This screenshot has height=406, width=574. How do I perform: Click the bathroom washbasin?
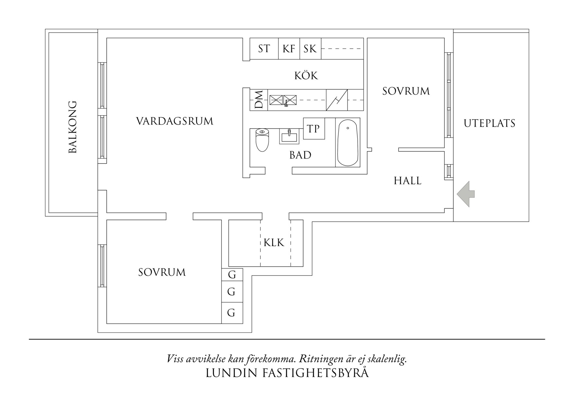[x=289, y=137]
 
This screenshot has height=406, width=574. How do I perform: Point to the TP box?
[x=314, y=129]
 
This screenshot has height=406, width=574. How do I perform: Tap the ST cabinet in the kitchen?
[x=264, y=49]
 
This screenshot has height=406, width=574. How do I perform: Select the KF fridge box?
[x=289, y=49]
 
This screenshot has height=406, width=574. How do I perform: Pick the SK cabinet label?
[x=310, y=49]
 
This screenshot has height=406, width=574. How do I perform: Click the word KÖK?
[x=306, y=76]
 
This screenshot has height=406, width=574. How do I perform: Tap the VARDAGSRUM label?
[x=175, y=121]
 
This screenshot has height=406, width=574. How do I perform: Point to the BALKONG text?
[x=73, y=127]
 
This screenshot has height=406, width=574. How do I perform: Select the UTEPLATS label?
[x=490, y=123]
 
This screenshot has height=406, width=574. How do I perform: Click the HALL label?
[x=407, y=181]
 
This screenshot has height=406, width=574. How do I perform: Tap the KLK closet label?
[x=274, y=243]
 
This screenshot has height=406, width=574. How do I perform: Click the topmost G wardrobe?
[x=232, y=275]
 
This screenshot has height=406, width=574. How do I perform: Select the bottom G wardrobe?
[x=231, y=313]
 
